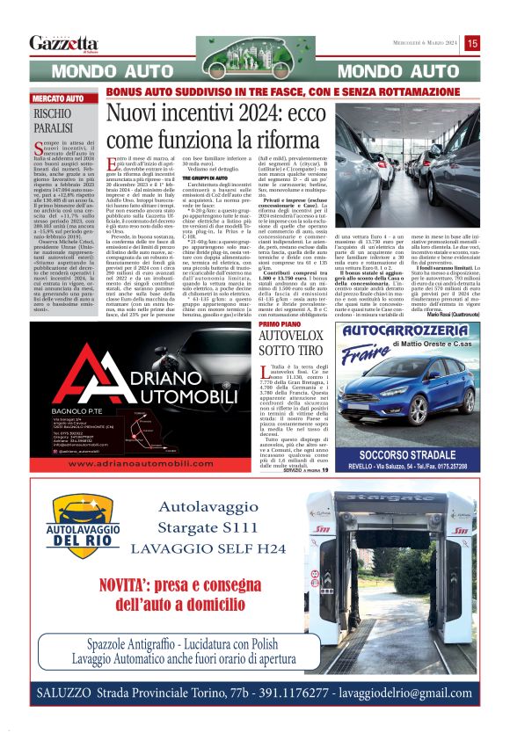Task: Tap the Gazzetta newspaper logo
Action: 63,43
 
